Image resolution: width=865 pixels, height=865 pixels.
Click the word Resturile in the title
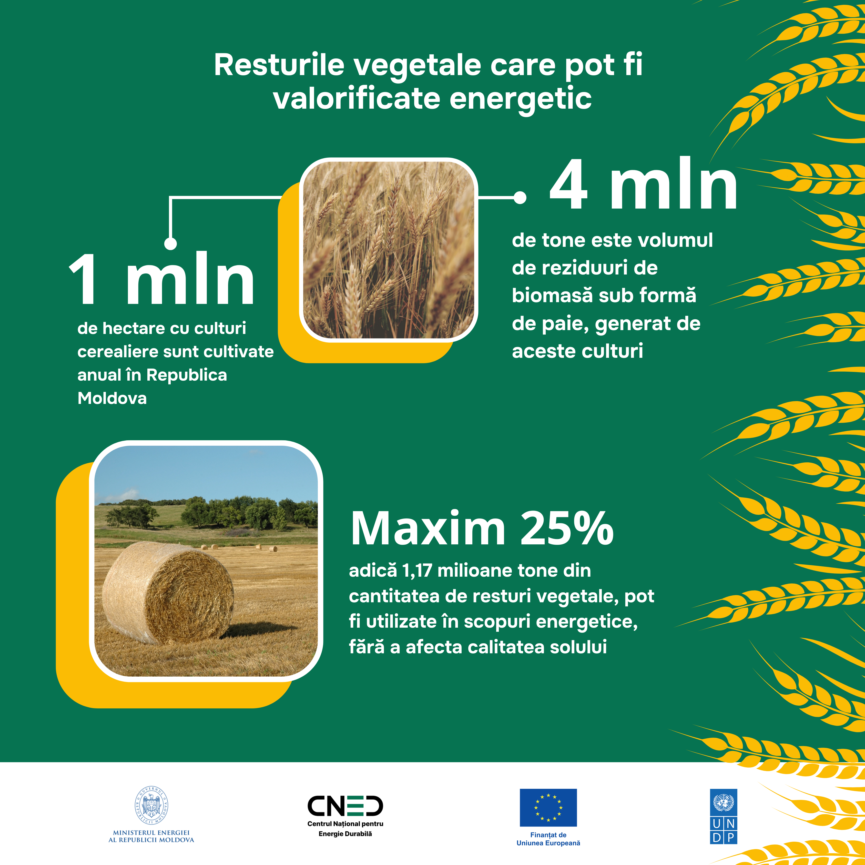(279, 65)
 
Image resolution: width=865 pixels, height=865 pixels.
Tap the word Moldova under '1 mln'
(112, 398)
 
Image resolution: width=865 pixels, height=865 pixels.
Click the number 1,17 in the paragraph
(417, 571)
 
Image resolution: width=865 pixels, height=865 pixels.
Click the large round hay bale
(168, 592)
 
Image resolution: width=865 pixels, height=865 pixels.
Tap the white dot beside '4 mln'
(520, 197)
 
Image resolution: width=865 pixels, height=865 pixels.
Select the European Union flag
(548, 807)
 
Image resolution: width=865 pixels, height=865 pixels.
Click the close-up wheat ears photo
(389, 250)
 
